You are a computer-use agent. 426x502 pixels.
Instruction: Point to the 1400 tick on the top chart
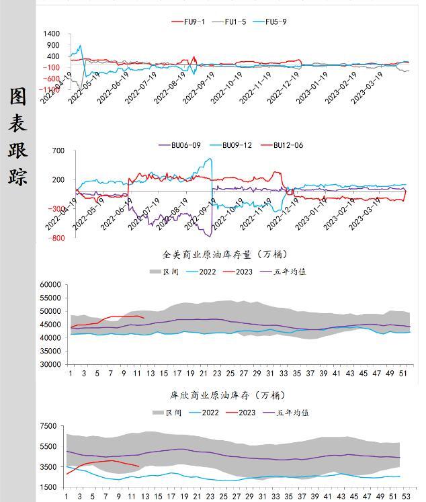[51, 34]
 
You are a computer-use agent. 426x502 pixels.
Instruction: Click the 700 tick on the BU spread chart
[58, 151]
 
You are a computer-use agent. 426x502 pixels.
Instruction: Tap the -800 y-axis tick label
[56, 238]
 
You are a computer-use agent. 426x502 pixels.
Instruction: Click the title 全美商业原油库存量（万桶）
[225, 255]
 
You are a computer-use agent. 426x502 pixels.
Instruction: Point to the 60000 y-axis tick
[50, 285]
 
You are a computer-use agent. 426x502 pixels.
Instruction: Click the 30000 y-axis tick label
[50, 365]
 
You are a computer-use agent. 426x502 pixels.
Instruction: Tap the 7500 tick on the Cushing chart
[48, 426]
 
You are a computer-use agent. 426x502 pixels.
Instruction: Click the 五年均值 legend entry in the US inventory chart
[292, 272]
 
